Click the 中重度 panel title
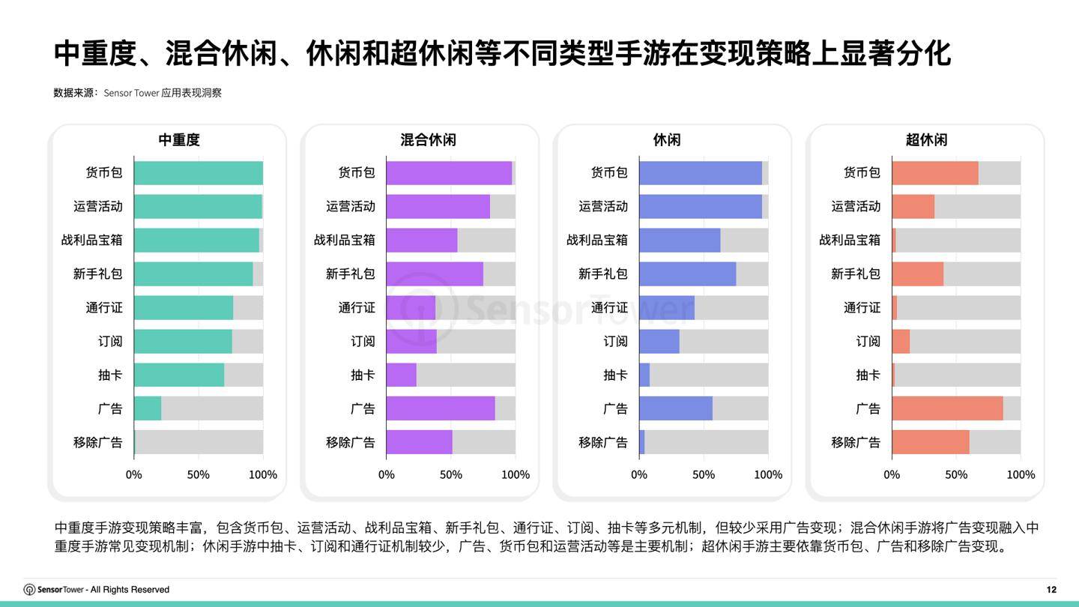point(179,140)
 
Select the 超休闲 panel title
point(926,140)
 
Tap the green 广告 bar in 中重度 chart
point(148,408)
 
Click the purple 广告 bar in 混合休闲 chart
point(441,408)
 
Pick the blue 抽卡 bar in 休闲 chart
point(644,375)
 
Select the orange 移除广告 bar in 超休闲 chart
point(931,442)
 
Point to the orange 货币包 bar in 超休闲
point(935,172)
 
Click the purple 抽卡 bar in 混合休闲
point(402,375)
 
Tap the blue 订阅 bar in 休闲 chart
point(659,341)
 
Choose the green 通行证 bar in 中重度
point(184,307)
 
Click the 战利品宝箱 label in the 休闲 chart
point(596,240)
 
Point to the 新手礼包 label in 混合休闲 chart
point(350,274)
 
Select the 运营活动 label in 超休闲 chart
point(856,206)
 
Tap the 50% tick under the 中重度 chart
point(198,474)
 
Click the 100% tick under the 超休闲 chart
point(1021,474)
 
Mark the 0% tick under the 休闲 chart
point(639,474)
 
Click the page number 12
point(1051,590)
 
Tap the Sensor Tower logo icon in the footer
point(30,590)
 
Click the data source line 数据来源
point(137,93)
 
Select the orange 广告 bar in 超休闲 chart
point(947,408)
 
